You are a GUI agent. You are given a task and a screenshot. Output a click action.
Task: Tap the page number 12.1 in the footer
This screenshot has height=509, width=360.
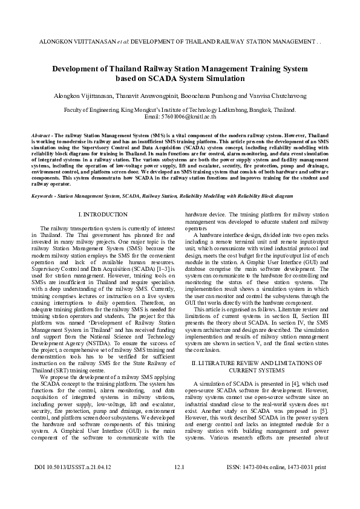tap(179, 484)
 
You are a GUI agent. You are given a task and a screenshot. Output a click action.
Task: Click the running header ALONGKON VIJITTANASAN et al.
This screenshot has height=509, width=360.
tap(80, 43)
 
